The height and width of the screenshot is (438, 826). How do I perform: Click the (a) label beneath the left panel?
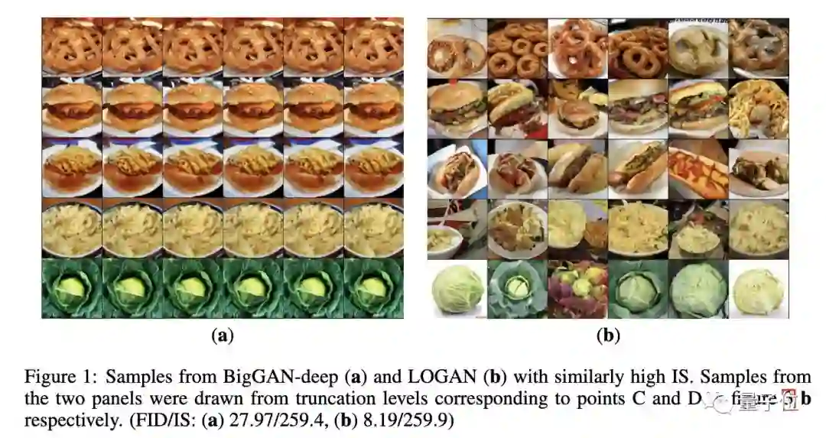[222, 335]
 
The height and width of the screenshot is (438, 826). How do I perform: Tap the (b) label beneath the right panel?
[607, 335]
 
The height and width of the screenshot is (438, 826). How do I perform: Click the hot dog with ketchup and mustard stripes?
[698, 169]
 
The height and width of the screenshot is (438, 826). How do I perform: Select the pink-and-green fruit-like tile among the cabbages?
[577, 288]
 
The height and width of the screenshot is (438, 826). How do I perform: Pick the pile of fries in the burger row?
[758, 109]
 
